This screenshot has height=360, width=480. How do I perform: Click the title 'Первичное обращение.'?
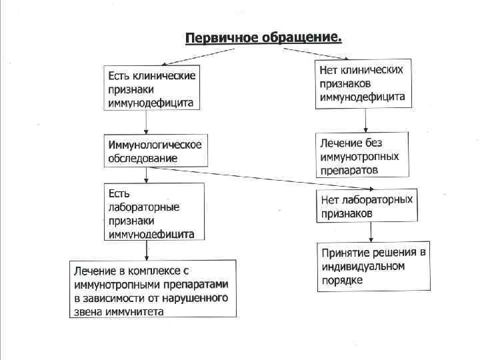(x=263, y=37)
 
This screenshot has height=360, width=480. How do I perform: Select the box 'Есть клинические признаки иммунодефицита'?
(x=151, y=89)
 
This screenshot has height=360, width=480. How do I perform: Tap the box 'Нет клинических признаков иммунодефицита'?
(x=363, y=83)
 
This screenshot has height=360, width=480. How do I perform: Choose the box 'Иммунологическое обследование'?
(x=155, y=151)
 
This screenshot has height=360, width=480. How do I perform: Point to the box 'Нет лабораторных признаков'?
(x=367, y=206)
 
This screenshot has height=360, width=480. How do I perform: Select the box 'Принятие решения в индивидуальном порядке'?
(x=373, y=266)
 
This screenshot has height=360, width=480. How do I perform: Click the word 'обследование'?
(x=143, y=159)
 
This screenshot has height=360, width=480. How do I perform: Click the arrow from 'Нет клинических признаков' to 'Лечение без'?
(x=363, y=121)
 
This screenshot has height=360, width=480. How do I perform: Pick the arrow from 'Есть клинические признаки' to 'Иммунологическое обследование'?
(x=146, y=123)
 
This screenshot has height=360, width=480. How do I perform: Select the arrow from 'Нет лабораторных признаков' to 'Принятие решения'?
(x=369, y=233)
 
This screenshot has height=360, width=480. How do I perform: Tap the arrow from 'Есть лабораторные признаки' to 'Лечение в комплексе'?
(x=146, y=250)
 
